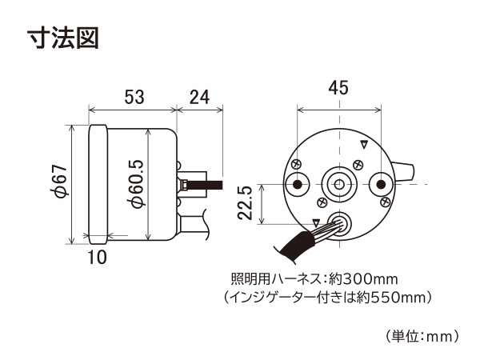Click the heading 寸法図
[x=63, y=38]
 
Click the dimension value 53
[x=134, y=97]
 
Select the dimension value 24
[x=199, y=97]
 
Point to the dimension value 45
[x=338, y=87]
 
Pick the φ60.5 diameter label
[x=135, y=184]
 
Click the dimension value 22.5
[x=245, y=202]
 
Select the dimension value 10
[x=98, y=257]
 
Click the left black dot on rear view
[x=297, y=184]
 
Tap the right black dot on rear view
[x=381, y=184]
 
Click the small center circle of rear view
[x=339, y=184]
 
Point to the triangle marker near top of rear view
[x=364, y=145]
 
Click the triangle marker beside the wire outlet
[x=316, y=222]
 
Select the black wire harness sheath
[x=294, y=246]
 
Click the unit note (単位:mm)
[x=422, y=336]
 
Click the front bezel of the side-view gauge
[x=98, y=185]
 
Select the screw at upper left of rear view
[x=297, y=164]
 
